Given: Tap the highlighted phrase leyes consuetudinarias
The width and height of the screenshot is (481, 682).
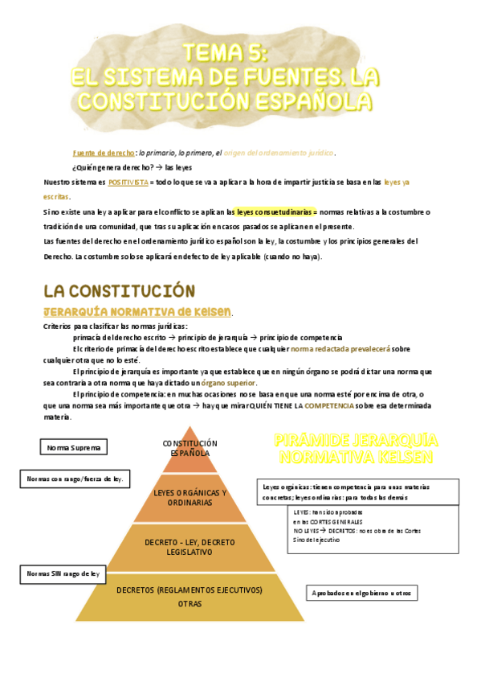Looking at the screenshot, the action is pyautogui.click(x=272, y=212).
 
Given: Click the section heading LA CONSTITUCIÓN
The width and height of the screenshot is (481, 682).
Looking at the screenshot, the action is pyautogui.click(x=119, y=290).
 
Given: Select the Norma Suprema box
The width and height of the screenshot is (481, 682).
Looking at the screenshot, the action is pyautogui.click(x=73, y=446).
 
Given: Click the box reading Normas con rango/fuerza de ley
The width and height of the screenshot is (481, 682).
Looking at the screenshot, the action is pyautogui.click(x=75, y=479).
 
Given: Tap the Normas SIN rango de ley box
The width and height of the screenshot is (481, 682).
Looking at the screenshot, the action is pyautogui.click(x=63, y=574).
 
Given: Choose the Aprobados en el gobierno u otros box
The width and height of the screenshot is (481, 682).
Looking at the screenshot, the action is pyautogui.click(x=361, y=594).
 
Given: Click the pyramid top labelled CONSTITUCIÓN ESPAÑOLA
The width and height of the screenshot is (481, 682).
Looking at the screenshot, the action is pyautogui.click(x=190, y=449).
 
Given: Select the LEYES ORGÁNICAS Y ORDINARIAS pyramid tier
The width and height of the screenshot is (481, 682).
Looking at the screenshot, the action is pyautogui.click(x=190, y=497).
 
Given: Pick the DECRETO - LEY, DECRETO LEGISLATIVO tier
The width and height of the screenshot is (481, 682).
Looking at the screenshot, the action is pyautogui.click(x=190, y=548).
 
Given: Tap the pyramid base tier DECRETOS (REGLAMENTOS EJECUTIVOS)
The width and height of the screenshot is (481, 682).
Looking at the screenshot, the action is pyautogui.click(x=190, y=596).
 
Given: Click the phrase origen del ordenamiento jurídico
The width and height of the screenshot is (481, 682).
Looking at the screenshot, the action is pyautogui.click(x=278, y=153).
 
